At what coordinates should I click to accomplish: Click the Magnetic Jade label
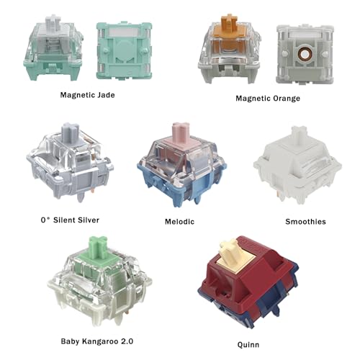[87, 95]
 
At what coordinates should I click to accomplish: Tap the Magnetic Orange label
[268, 98]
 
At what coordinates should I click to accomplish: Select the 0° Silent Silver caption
[70, 220]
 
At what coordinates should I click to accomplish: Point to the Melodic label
[179, 222]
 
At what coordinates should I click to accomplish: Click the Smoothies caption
[305, 222]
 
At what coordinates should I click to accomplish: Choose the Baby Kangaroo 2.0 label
[97, 341]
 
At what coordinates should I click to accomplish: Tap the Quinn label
[248, 345]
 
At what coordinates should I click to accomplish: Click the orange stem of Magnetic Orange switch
[230, 23]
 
